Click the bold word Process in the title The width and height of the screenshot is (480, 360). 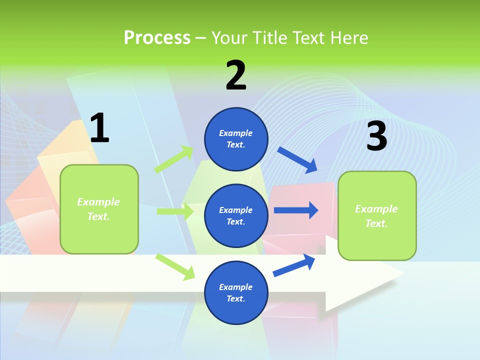(157, 37)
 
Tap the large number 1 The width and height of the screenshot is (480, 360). (99, 128)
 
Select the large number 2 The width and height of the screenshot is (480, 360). (236, 75)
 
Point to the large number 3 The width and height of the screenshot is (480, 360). (376, 136)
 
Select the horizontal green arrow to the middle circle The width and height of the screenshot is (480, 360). (175, 211)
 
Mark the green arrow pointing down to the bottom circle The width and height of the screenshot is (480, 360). (175, 266)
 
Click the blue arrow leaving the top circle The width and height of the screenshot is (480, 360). (297, 160)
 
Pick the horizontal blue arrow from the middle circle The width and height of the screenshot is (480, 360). (295, 210)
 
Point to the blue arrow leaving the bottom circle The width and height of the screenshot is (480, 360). (294, 265)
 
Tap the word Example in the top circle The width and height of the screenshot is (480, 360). (236, 133)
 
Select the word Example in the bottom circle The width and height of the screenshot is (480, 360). (236, 287)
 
